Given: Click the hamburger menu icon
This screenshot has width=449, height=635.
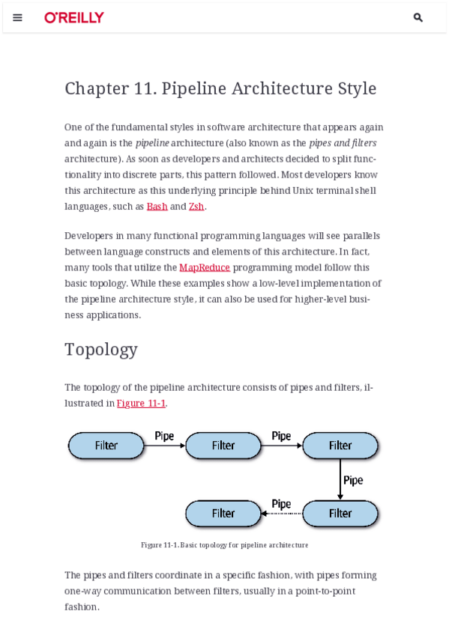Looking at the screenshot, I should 18,17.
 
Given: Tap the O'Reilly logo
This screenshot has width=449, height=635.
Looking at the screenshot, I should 74,17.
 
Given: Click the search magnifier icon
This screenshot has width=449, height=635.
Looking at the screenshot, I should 418,17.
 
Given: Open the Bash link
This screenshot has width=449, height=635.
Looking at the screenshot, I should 157,206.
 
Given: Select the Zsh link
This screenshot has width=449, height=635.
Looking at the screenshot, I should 196,206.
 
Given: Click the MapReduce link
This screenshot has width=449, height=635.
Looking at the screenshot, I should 205,267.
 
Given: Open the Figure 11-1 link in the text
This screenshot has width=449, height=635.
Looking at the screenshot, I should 141,403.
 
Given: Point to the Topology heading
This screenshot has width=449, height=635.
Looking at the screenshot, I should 101,349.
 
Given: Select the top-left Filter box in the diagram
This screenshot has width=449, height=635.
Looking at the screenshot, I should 106,446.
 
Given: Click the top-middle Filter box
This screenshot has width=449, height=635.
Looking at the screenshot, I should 223,446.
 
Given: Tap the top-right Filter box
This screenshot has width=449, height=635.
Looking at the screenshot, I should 340,446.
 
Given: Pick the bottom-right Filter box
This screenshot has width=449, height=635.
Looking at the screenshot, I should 340,514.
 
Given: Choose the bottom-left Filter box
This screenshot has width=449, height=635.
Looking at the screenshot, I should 223,514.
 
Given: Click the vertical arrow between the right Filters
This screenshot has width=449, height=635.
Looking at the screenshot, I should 340,479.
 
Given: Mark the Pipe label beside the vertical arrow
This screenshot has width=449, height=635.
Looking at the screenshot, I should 353,480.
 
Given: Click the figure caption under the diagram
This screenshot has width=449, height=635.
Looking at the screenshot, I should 224,545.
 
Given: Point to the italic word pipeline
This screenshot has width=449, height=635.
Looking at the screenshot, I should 152,143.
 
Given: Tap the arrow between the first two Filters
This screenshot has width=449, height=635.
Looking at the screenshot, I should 164,446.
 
